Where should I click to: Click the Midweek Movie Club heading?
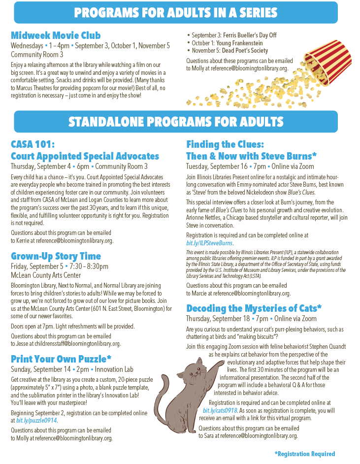pyautogui.click(x=56, y=35)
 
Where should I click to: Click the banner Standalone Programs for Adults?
pyautogui.click(x=176, y=122)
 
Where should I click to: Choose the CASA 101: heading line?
pyautogui.click(x=33, y=144)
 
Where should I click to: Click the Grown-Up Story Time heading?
pyautogui.click(x=56, y=256)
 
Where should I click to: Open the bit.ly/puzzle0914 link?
pyautogui.click(x=36, y=421)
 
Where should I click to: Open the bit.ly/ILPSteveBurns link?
pyautogui.click(x=209, y=243)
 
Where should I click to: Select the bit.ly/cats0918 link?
pyautogui.click(x=220, y=410)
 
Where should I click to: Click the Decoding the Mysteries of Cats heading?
pyautogui.click(x=254, y=308)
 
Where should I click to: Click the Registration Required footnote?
pyautogui.click(x=304, y=454)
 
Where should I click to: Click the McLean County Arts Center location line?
pyautogui.click(x=46, y=275)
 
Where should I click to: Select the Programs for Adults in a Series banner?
pyautogui.click(x=176, y=12)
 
